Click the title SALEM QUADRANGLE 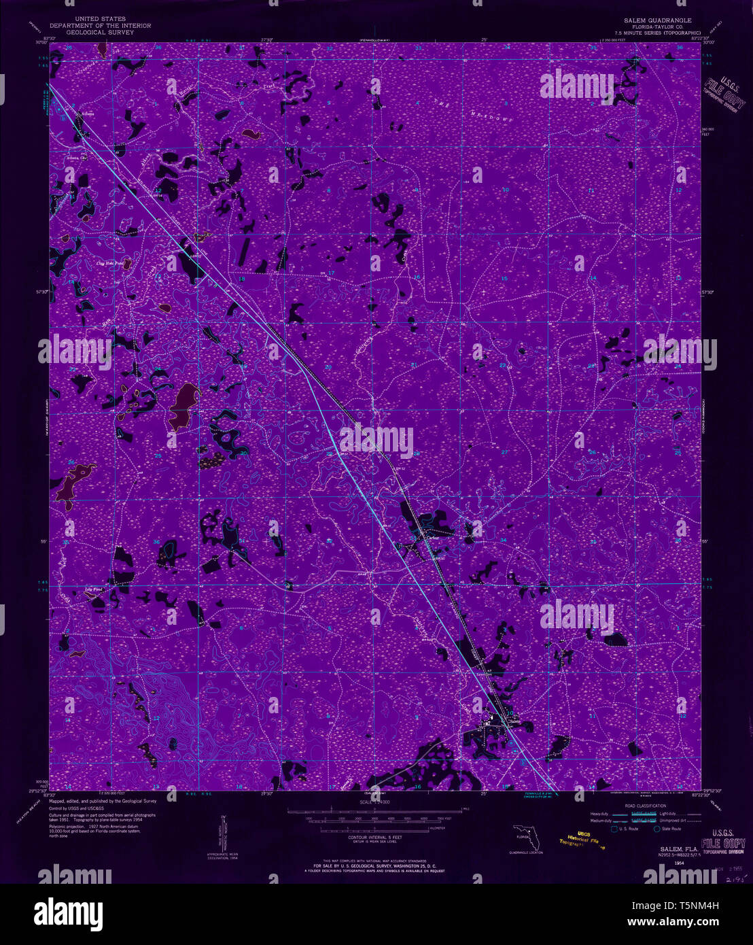pyautogui.click(x=652, y=20)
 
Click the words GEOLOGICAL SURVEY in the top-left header pyautogui.click(x=100, y=32)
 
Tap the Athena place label pyautogui.click(x=86, y=114)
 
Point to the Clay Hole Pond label pyautogui.click(x=110, y=261)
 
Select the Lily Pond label pyautogui.click(x=93, y=589)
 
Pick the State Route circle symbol pyautogui.click(x=657, y=829)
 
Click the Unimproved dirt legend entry pyautogui.click(x=686, y=820)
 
